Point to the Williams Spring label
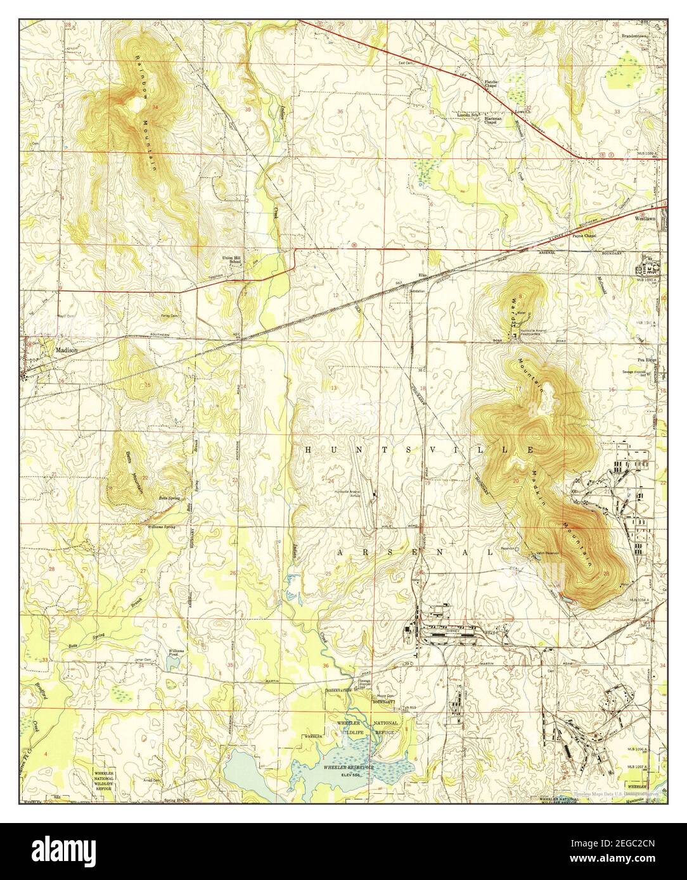pos(161,526)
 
